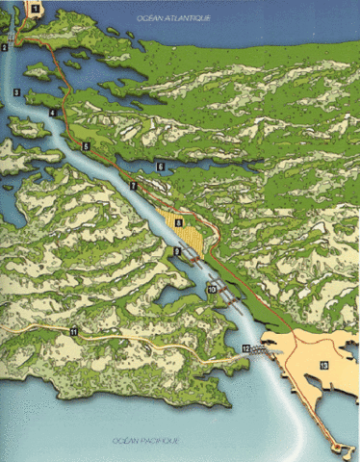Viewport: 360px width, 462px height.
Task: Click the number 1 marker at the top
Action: pyautogui.click(x=35, y=8)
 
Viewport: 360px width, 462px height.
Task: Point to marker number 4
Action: pyautogui.click(x=50, y=114)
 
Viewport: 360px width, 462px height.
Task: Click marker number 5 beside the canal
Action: pyautogui.click(x=86, y=146)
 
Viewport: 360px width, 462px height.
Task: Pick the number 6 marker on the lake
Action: pyautogui.click(x=162, y=167)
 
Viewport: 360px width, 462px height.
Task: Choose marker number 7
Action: pyautogui.click(x=135, y=184)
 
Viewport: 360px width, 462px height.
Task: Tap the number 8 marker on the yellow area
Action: pyautogui.click(x=178, y=223)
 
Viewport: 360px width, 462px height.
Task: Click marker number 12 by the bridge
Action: pyautogui.click(x=246, y=347)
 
